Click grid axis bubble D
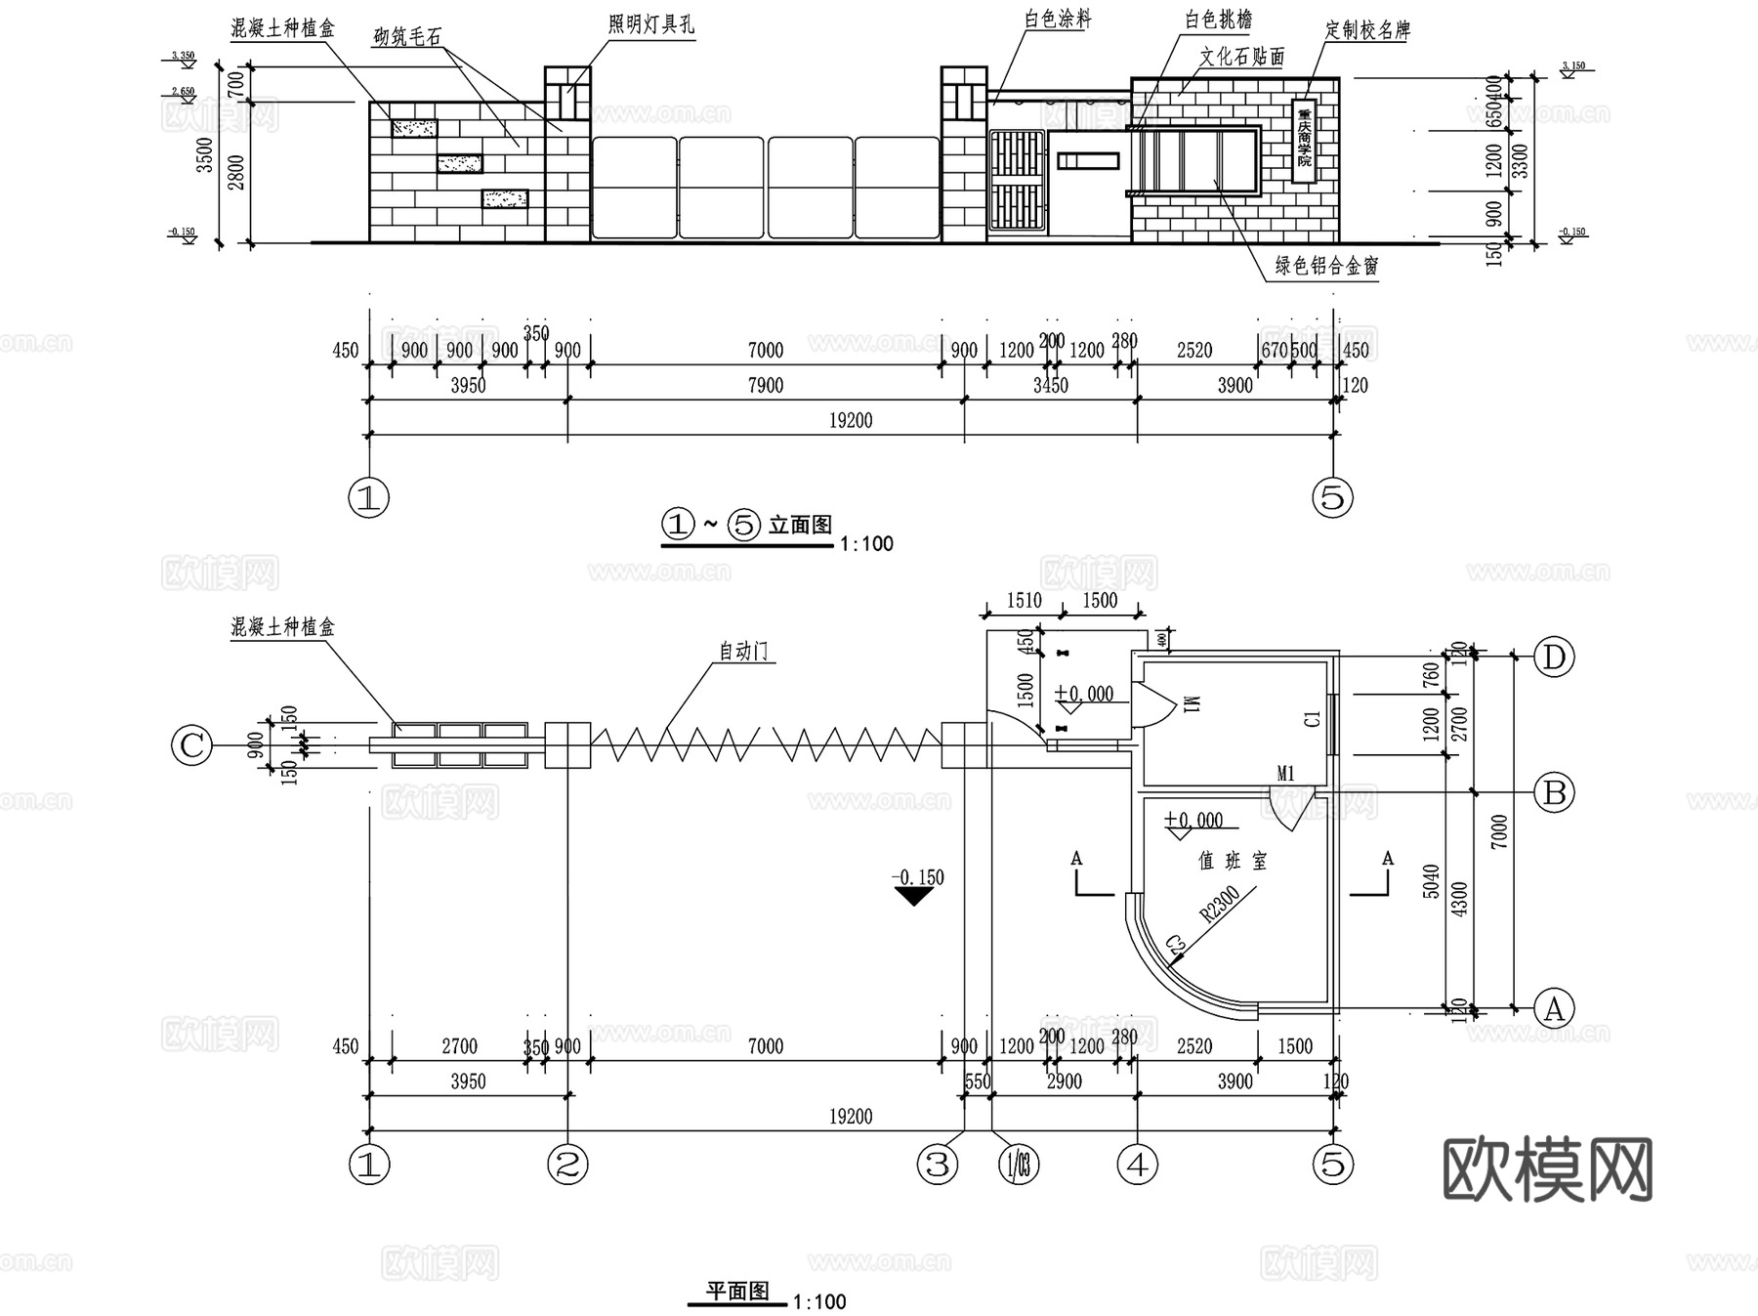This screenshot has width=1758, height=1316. pyautogui.click(x=1554, y=658)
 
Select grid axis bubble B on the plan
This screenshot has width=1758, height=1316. pyautogui.click(x=1554, y=792)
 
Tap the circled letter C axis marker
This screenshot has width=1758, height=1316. pyautogui.click(x=191, y=746)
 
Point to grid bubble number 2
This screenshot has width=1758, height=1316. pyautogui.click(x=567, y=1164)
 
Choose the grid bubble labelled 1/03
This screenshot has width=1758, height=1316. pyautogui.click(x=1018, y=1164)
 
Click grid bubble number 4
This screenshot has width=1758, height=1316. pyautogui.click(x=1138, y=1164)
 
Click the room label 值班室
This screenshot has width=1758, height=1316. pyautogui.click(x=1233, y=861)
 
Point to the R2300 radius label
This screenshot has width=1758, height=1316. pyautogui.click(x=1220, y=904)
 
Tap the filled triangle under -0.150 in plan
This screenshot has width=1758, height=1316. pyautogui.click(x=914, y=896)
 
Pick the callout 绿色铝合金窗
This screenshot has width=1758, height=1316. pyautogui.click(x=1326, y=266)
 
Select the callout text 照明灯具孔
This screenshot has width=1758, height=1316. pyautogui.click(x=650, y=25)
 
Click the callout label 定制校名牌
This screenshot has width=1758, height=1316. pyautogui.click(x=1367, y=30)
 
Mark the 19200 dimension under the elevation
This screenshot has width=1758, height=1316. pyautogui.click(x=850, y=420)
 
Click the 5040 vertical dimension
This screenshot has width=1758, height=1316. pyautogui.click(x=1431, y=881)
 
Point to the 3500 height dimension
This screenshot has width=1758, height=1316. pyautogui.click(x=204, y=155)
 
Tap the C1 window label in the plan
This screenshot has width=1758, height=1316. pyautogui.click(x=1313, y=718)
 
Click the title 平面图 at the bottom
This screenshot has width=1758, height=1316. pyautogui.click(x=738, y=1292)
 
